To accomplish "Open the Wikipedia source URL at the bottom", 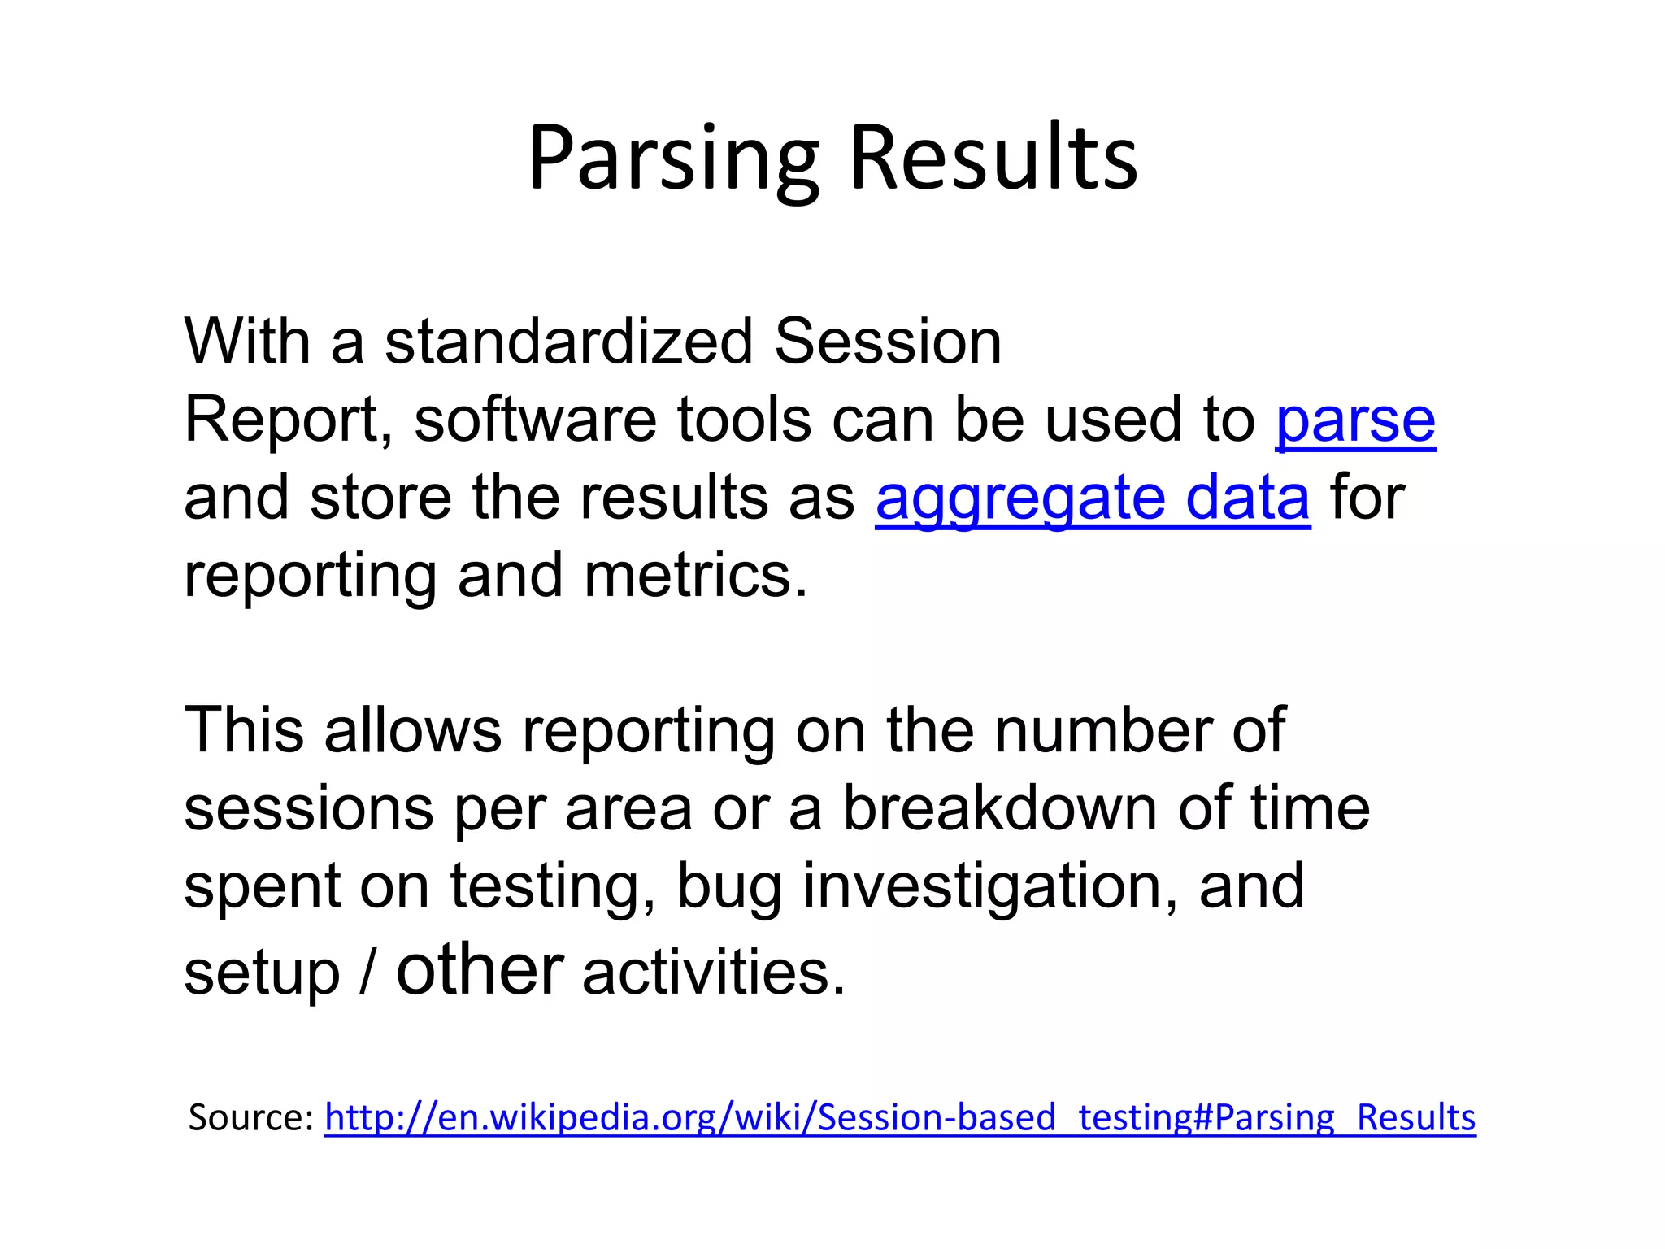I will (900, 1117).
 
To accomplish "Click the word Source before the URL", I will (250, 1117).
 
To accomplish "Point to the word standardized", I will (569, 342).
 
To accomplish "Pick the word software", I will (535, 420).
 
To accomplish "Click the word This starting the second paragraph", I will (244, 730).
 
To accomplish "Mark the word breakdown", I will (999, 808).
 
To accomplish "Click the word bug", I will (728, 886).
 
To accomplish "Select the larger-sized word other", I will (480, 969).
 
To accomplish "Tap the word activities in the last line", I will (714, 973).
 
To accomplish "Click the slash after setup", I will (367, 973).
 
